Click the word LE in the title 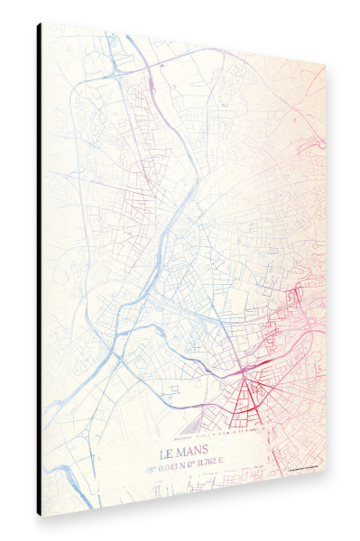pyautogui.click(x=168, y=452)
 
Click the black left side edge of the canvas pyautogui.click(x=39, y=270)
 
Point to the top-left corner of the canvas pyautogui.click(x=42, y=23)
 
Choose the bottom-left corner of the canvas pyautogui.click(x=42, y=516)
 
